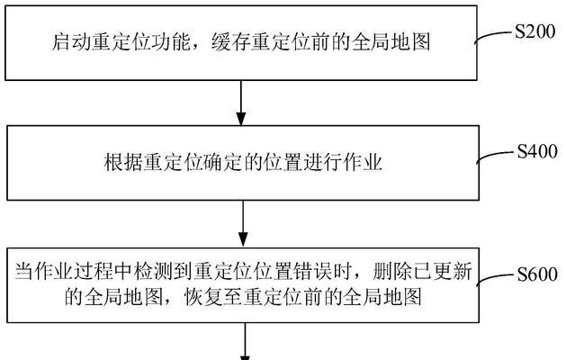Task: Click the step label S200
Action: (535, 31)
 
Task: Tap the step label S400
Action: (537, 151)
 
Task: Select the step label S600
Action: (537, 274)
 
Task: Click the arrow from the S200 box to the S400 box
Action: (241, 103)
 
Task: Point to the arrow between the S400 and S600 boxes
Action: (243, 223)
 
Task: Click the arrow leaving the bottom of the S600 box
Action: (245, 341)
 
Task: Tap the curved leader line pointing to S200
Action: (494, 36)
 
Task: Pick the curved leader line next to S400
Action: (496, 156)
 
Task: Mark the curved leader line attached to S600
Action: (496, 279)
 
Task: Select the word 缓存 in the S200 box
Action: (231, 42)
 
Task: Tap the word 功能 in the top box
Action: (171, 42)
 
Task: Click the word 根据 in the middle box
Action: (123, 162)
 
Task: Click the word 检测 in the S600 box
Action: (154, 272)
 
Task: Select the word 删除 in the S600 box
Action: (392, 272)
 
